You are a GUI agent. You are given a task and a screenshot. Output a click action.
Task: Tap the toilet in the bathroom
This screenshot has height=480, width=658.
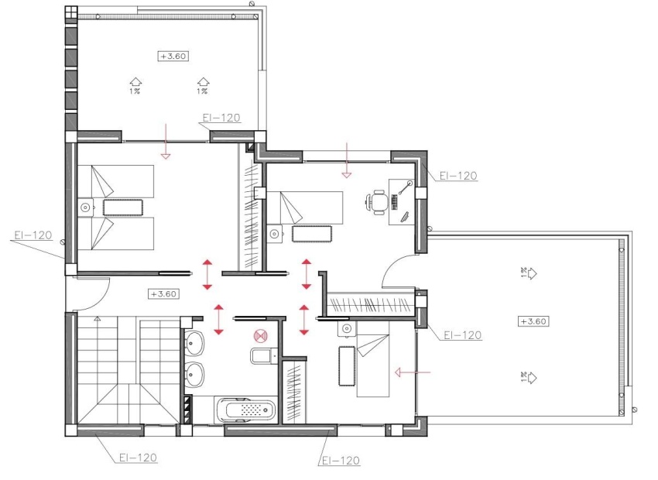click(x=261, y=356)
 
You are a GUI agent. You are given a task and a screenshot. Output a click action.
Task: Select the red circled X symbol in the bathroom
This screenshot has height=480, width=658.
click(x=260, y=336)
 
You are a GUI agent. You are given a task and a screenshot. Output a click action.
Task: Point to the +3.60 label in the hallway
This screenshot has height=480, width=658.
click(x=163, y=293)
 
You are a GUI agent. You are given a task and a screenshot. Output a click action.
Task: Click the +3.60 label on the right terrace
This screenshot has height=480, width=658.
click(x=534, y=321)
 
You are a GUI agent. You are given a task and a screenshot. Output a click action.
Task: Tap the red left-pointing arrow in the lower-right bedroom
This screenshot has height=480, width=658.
click(x=410, y=372)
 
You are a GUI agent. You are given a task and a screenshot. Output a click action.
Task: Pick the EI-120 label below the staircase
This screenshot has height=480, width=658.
click(x=139, y=458)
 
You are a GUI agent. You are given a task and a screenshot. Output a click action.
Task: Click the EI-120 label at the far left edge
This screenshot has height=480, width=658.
click(x=33, y=235)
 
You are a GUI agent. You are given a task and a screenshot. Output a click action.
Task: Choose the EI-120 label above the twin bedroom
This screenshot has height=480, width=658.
click(x=221, y=118)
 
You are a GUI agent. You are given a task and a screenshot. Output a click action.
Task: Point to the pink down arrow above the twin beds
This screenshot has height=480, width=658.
click(x=164, y=153)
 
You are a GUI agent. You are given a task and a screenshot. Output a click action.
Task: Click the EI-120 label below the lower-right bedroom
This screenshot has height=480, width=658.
click(x=340, y=460)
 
